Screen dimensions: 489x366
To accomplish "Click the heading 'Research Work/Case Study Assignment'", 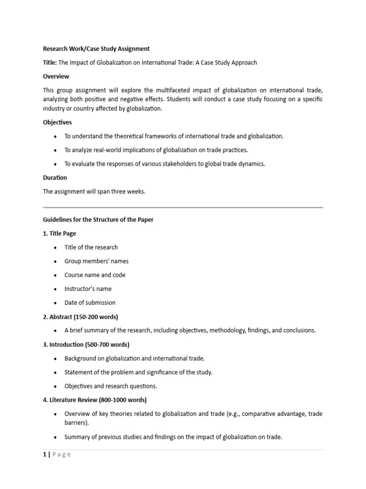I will (x=96, y=49).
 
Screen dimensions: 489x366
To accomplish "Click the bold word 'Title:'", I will (x=50, y=63).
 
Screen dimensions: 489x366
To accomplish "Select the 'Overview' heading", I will (x=56, y=76).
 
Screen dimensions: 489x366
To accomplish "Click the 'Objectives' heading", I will (x=57, y=122).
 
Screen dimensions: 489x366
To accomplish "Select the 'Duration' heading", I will (x=55, y=178).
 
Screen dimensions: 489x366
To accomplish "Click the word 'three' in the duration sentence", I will (x=113, y=191).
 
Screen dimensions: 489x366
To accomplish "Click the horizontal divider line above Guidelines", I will (x=183, y=208).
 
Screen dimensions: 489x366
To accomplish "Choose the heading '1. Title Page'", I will (x=60, y=234).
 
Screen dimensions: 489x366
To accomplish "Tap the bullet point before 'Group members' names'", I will (x=55, y=262).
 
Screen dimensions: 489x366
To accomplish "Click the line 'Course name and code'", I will (x=95, y=275).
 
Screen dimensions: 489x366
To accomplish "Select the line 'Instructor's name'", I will (x=88, y=289).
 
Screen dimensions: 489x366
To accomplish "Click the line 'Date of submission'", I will (x=90, y=303).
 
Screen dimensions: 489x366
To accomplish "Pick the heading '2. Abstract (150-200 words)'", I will (x=81, y=317).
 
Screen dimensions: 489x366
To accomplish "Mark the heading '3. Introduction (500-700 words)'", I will (x=86, y=344).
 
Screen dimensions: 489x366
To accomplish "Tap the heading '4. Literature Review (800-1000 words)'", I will (x=95, y=400).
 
